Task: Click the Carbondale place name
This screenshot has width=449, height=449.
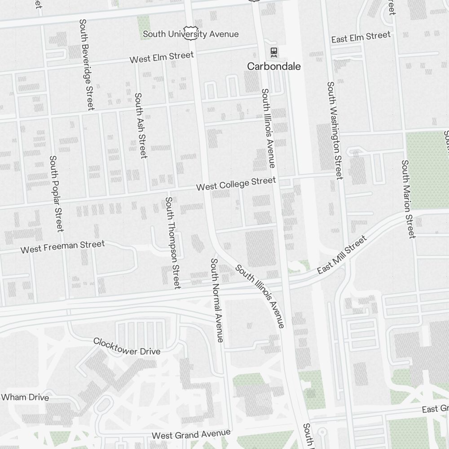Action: click(x=274, y=66)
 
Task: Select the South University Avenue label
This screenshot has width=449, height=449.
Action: click(x=191, y=34)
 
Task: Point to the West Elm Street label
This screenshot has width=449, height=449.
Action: click(x=162, y=57)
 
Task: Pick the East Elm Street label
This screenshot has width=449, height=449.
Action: click(x=361, y=37)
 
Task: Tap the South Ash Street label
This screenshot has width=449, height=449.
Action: click(x=141, y=125)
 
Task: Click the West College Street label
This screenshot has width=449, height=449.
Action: click(x=236, y=183)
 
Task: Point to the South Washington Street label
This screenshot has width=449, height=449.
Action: click(x=335, y=130)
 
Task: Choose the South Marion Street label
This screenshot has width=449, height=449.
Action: click(x=408, y=199)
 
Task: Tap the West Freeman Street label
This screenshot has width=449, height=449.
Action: click(x=62, y=247)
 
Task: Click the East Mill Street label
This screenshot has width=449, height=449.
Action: click(x=342, y=254)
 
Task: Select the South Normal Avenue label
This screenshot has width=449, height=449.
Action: click(x=217, y=300)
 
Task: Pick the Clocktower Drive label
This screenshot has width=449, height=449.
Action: click(x=127, y=346)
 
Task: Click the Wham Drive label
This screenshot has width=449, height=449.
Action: click(x=25, y=397)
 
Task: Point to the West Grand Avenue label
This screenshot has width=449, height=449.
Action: click(x=191, y=434)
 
